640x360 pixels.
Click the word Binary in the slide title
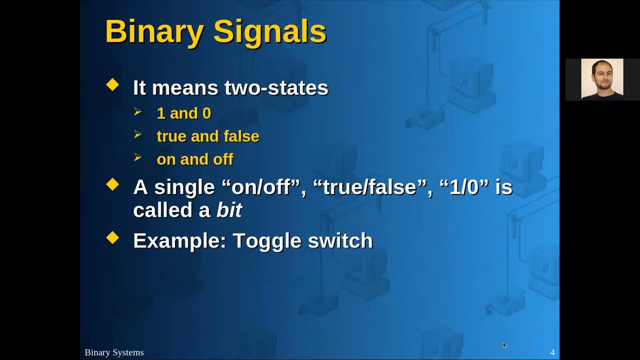point(154,32)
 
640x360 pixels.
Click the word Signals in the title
point(269,32)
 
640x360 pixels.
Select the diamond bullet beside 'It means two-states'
point(112,85)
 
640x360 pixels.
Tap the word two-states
point(276,88)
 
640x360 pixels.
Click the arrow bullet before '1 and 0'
point(138,112)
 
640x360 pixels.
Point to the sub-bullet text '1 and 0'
point(183,113)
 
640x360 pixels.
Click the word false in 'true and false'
point(241,136)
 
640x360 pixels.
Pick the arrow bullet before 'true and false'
point(138,135)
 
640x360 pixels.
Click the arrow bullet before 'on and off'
point(138,158)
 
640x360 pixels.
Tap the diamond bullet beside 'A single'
point(112,184)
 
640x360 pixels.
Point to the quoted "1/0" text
point(464,187)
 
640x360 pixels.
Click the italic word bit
point(229,210)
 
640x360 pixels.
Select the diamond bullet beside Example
point(112,238)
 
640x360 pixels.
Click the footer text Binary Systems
point(114,352)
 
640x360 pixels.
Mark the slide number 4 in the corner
point(552,352)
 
